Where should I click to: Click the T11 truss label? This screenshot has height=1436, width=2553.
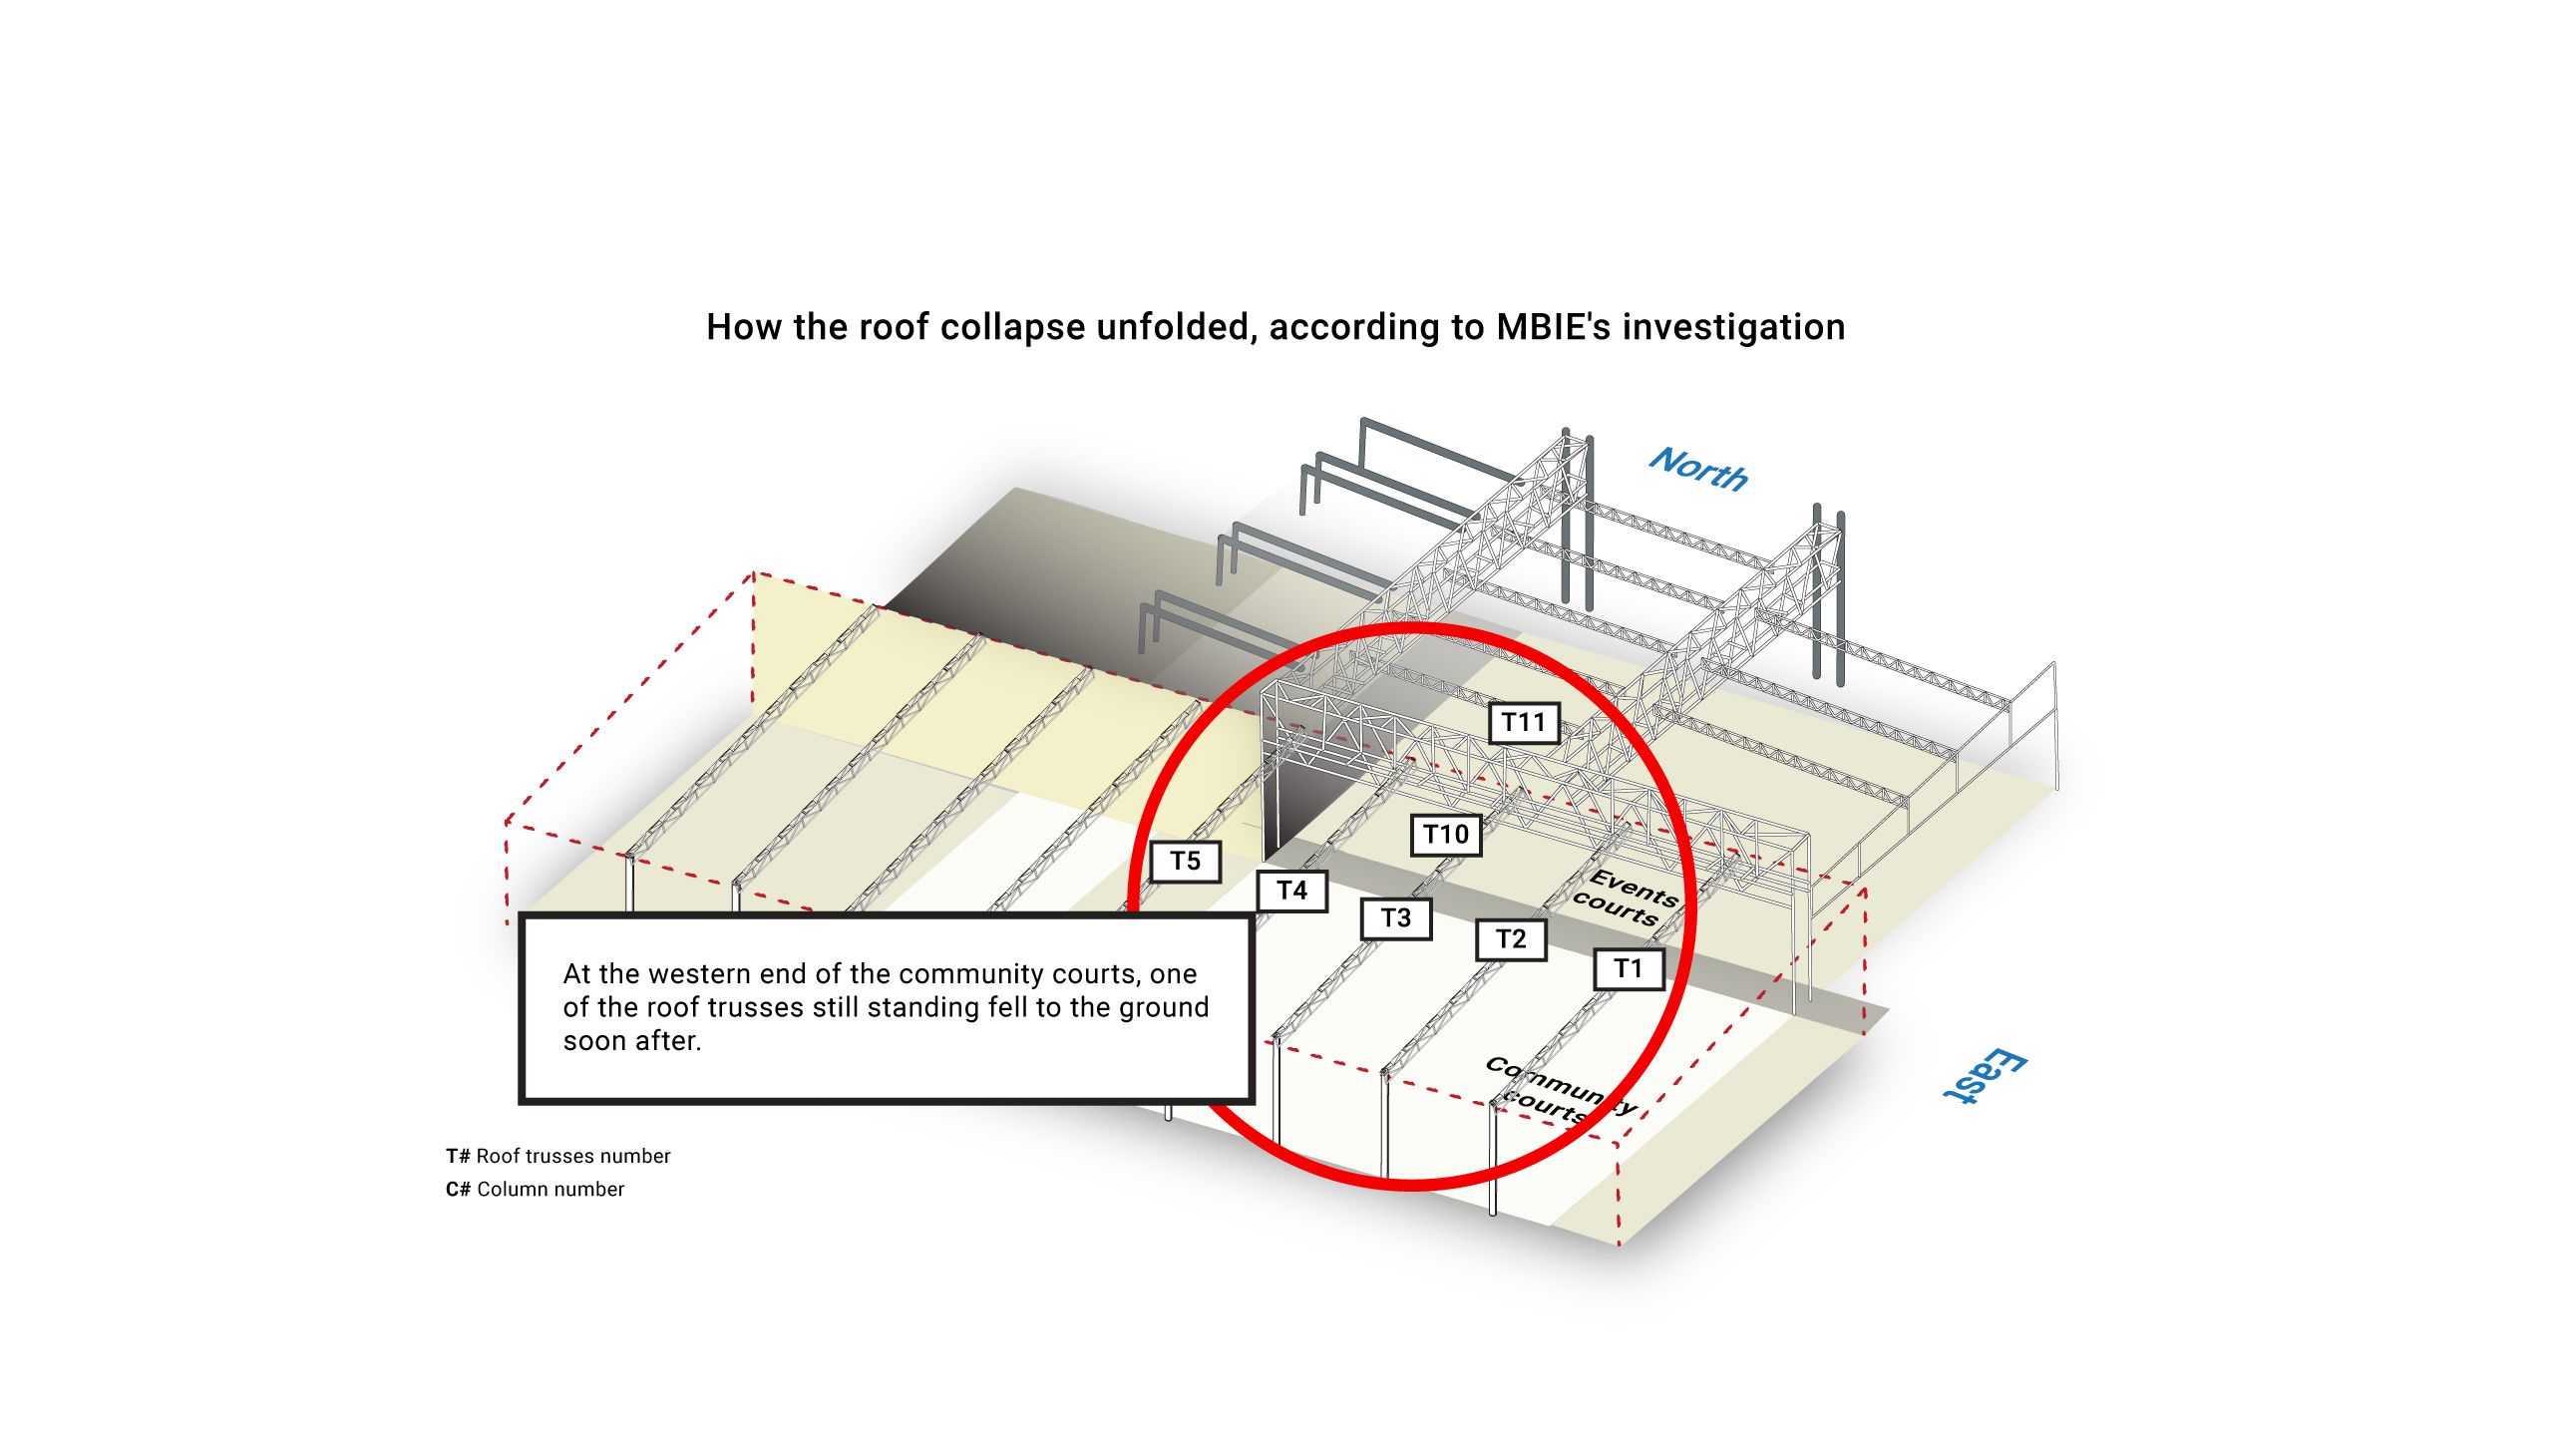1523,723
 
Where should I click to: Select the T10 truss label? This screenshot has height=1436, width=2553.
1445,835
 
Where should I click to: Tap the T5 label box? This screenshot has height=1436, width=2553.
1185,862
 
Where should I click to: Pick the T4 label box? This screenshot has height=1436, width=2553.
1291,891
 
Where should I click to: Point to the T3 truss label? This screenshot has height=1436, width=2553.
1396,918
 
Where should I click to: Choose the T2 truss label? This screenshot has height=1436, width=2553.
1511,939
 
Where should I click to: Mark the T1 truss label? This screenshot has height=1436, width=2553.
1628,968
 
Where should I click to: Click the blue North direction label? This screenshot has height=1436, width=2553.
1698,469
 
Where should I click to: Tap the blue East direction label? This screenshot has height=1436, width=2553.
1985,1076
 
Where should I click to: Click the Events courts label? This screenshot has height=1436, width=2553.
1626,898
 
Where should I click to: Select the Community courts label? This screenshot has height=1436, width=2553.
1558,1090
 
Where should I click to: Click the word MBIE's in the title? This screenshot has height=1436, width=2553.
1553,327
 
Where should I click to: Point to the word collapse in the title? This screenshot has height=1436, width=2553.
1012,327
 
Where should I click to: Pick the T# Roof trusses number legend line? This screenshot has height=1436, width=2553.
557,1157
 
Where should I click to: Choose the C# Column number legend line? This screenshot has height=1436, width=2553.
535,1190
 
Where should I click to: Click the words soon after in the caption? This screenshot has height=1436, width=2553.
631,1042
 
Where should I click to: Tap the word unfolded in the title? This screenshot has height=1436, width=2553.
1177,327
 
